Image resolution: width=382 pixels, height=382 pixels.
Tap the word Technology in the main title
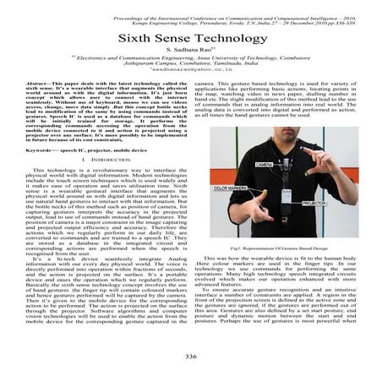pos(223,40)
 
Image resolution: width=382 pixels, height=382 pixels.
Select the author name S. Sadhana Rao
pos(191,53)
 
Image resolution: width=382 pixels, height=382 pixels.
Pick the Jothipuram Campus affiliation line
pos(191,67)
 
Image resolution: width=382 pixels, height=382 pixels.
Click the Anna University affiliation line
pos(191,60)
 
